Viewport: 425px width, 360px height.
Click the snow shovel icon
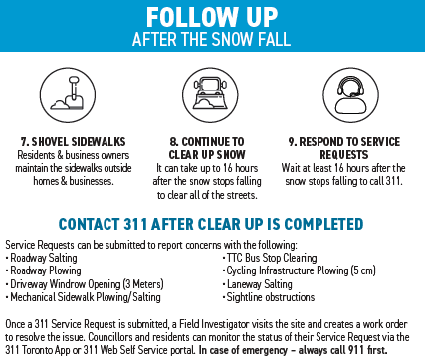[68, 94]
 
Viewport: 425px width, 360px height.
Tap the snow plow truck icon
[210, 94]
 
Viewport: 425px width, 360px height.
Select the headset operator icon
[351, 94]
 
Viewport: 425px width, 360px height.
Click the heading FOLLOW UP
[212, 17]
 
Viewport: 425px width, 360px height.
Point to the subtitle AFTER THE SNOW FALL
[212, 39]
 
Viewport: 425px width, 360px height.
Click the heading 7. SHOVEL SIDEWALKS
[73, 142]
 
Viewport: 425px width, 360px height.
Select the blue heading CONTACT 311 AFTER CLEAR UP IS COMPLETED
[211, 224]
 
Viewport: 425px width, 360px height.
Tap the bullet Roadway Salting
[42, 258]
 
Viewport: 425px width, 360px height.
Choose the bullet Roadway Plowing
[44, 270]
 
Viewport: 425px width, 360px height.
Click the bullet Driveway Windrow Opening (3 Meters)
[85, 284]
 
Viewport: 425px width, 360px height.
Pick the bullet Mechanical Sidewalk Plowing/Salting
[84, 297]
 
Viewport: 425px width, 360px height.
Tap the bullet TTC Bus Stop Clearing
[270, 258]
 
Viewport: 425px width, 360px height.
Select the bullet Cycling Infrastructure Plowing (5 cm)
[300, 270]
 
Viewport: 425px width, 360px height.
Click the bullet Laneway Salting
[258, 284]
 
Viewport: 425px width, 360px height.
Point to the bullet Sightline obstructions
[269, 297]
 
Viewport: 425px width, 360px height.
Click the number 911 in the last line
[356, 350]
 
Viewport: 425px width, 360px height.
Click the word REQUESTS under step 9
[344, 155]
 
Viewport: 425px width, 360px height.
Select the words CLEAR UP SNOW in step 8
[207, 155]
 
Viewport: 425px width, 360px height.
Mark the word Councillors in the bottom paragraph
[110, 337]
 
